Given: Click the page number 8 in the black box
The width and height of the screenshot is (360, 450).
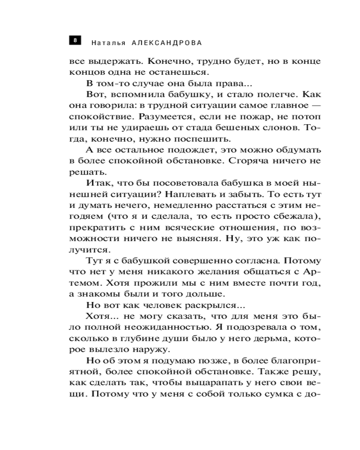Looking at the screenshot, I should point(75,40).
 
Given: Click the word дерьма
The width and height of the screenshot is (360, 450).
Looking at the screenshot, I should point(254,338).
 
